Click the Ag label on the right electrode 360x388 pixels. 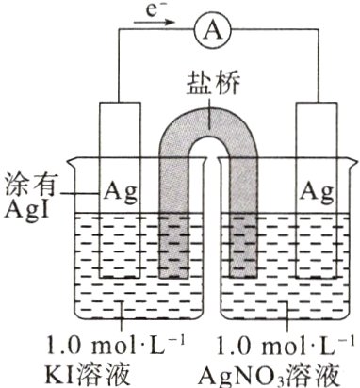coord(316,192)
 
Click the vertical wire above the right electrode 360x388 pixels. coord(312,66)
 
